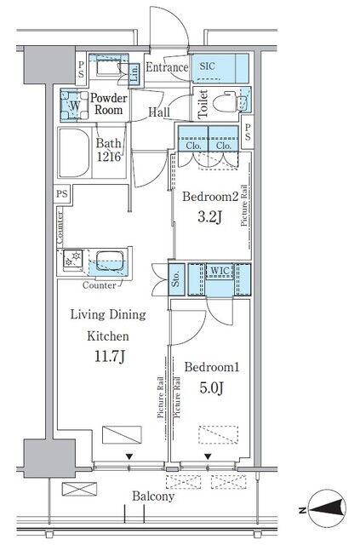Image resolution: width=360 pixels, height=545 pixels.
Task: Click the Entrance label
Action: point(167,67)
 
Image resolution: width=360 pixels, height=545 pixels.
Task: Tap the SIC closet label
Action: point(207,66)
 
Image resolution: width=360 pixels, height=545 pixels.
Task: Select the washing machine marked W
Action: point(74,106)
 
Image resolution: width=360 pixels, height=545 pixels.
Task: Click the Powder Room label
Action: point(109,104)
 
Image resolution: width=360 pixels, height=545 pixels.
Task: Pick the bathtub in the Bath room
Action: point(74,153)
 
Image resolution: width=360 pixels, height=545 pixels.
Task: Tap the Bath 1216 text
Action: point(109,150)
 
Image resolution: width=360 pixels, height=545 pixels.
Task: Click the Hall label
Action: point(159,112)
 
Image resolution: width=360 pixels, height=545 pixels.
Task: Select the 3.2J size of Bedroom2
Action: point(209,217)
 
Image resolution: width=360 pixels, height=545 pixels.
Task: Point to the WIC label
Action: point(220,271)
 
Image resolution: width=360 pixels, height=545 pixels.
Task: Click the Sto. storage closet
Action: point(176,278)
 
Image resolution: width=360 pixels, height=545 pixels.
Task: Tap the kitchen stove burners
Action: point(73,258)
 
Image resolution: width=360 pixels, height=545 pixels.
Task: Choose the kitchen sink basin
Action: point(110,260)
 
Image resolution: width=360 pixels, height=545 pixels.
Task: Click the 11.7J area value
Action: point(110,356)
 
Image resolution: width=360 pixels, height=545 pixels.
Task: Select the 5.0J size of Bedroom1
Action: point(211,387)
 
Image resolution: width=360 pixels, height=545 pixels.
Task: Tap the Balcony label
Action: point(153,496)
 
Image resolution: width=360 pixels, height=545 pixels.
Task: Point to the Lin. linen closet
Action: point(134,74)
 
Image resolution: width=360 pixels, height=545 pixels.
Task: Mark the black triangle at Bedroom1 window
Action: point(208,456)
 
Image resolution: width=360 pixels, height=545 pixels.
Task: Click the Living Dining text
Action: point(108,315)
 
